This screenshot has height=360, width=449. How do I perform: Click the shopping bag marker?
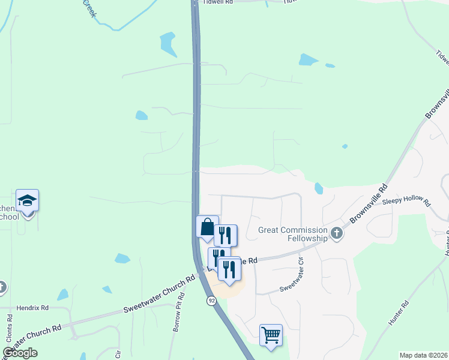(207, 227)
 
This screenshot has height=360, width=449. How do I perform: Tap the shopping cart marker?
(271, 334)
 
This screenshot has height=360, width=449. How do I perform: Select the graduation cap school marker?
(27, 200)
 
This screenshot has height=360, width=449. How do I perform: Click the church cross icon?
(336, 234)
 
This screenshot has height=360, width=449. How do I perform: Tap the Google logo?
(20, 353)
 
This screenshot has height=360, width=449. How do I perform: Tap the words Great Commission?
(292, 229)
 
